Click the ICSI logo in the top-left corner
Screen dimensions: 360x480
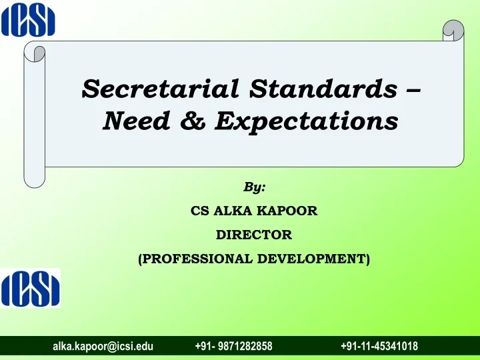[28, 19]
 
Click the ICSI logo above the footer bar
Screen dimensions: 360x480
[30, 287]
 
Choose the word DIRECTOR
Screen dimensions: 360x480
[254, 235]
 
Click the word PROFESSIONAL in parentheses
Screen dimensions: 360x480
[196, 258]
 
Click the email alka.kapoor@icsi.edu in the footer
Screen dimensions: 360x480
[103, 346]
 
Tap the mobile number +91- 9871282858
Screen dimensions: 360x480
[233, 346]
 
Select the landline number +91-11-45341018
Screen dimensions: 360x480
[379, 346]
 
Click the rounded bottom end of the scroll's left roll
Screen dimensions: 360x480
[34, 179]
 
